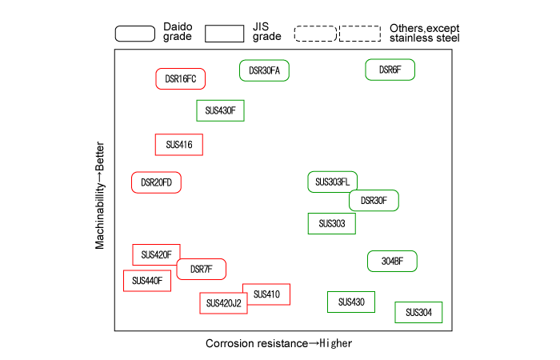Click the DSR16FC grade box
(181, 78)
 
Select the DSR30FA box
(264, 70)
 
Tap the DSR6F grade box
(390, 70)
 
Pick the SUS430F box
(220, 110)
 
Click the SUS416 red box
(178, 145)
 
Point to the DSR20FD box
(157, 182)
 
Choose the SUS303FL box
(332, 182)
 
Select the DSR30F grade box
(374, 201)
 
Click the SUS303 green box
(331, 224)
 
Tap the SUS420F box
(156, 255)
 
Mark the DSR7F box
(201, 270)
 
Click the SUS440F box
(146, 281)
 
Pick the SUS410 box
(266, 294)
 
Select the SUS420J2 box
(222, 303)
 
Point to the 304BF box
(392, 261)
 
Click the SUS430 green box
(351, 302)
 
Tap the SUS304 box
(418, 312)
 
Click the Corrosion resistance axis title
(278, 343)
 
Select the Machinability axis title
(100, 196)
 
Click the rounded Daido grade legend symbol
(135, 33)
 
